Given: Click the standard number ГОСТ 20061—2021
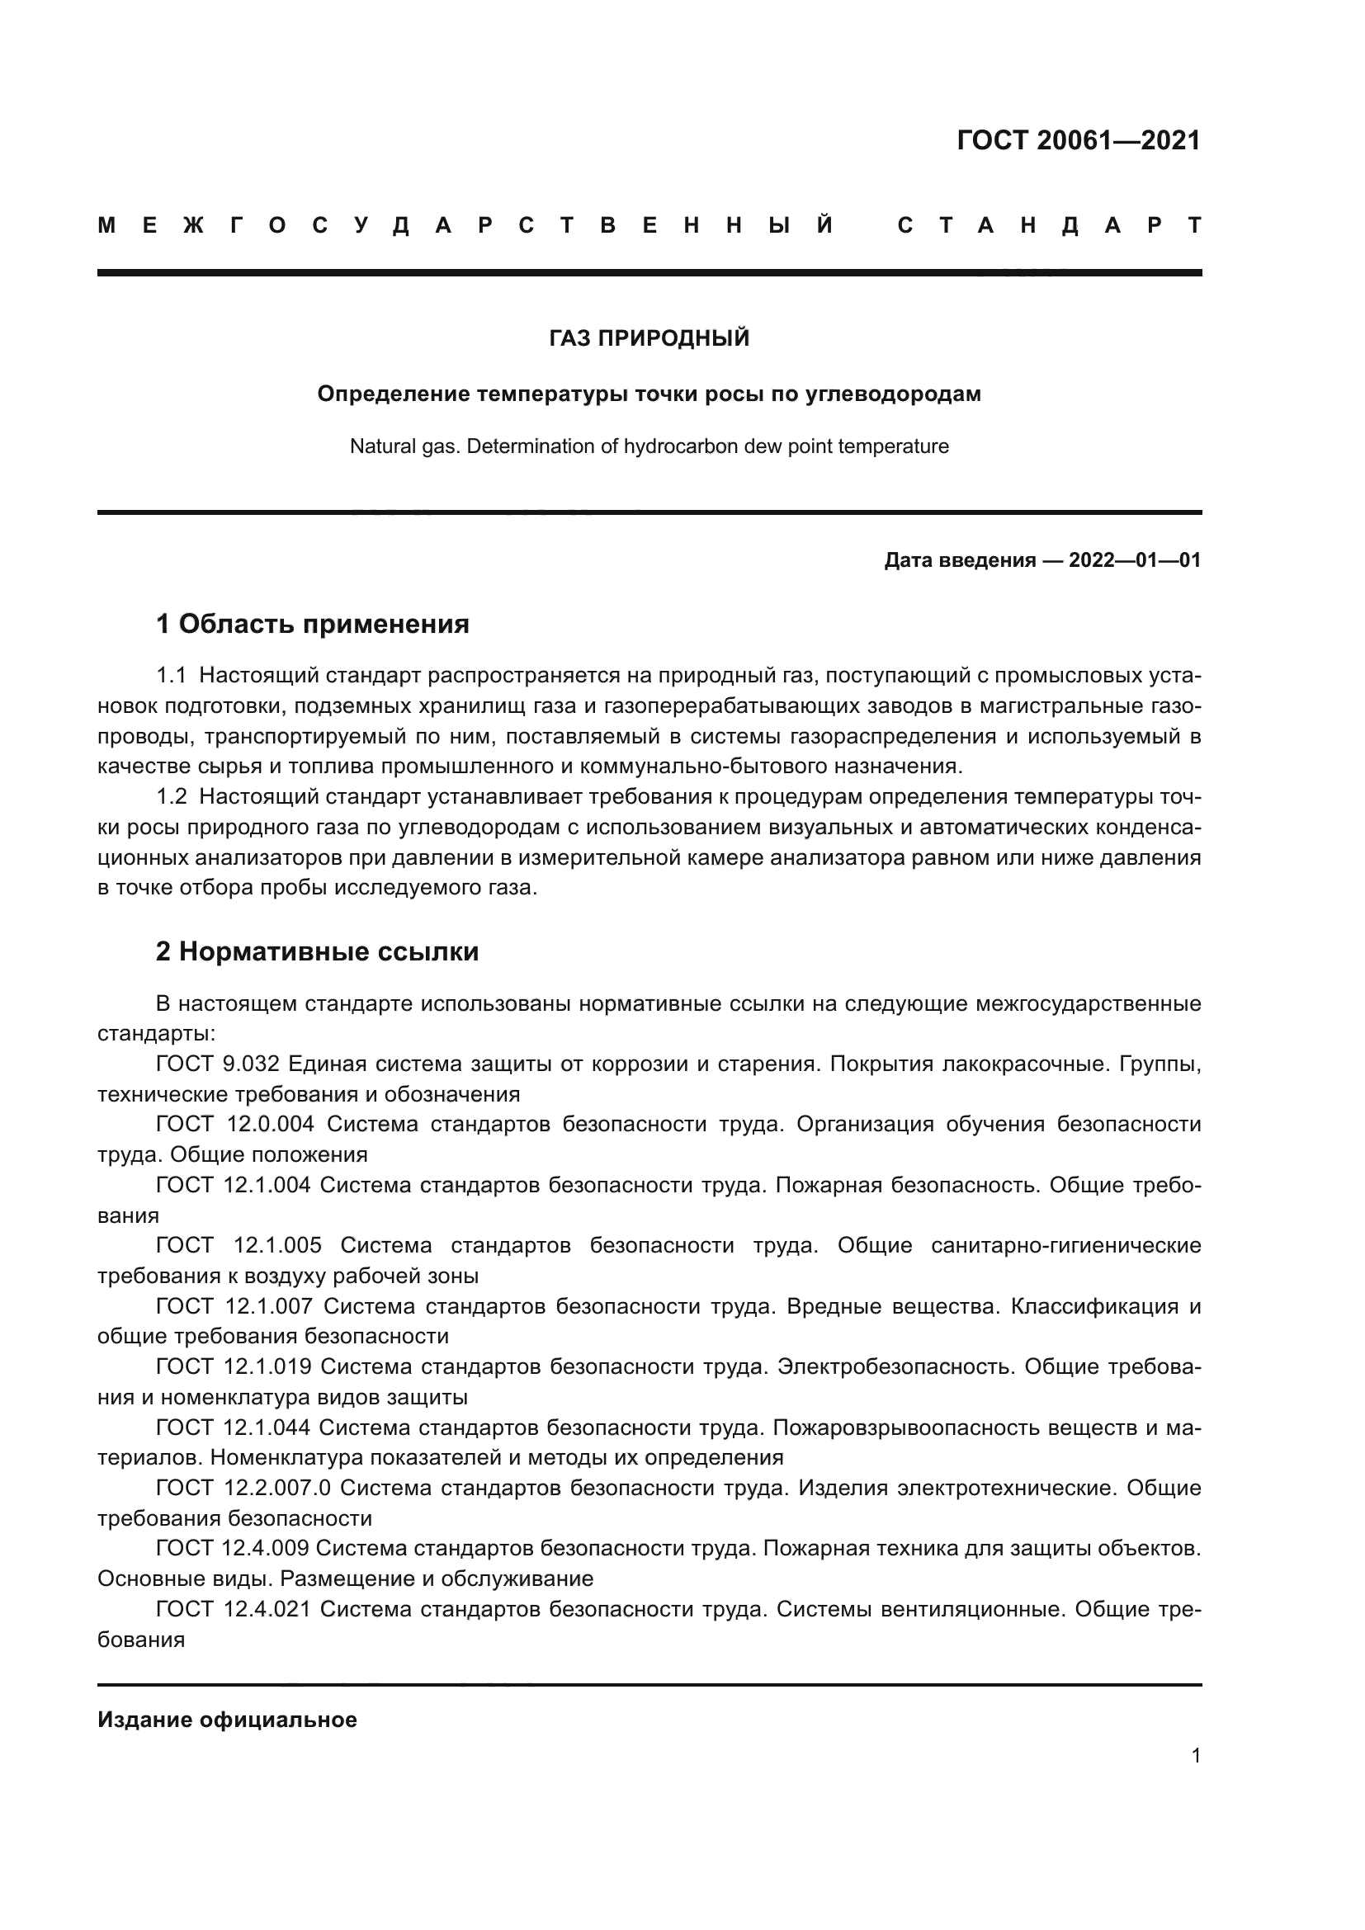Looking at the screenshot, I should pos(1079,140).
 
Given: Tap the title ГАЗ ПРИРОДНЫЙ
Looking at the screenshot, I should pos(649,338).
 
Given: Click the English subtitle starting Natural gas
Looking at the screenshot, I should pos(649,446).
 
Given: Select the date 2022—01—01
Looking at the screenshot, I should pos(1135,559).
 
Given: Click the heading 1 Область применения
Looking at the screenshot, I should pos(313,624).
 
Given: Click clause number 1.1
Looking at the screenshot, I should pos(171,675).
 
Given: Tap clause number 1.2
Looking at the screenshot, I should pos(172,796).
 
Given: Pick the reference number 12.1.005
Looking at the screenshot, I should pos(277,1245).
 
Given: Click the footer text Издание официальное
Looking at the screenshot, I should pos(227,1719).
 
